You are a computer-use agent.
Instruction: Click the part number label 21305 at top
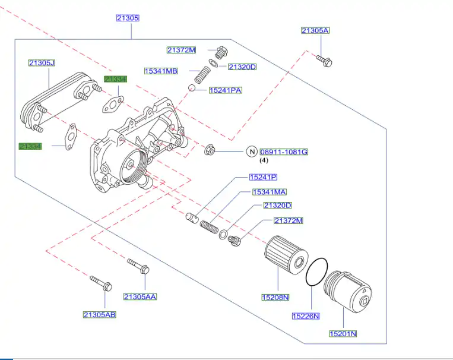pos(128,18)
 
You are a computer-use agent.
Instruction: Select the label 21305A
pos(315,30)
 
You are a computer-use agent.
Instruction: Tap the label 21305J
pos(42,63)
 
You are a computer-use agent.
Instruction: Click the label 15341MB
pos(161,71)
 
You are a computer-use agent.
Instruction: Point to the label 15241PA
pos(225,90)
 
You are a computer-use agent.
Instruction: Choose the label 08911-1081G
pos(284,151)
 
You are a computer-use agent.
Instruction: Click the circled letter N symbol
pos(251,151)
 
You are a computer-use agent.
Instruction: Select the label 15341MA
pos(269,192)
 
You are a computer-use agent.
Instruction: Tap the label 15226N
pos(306,316)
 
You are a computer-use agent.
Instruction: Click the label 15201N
pos(343,334)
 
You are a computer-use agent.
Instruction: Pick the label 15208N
pos(275,296)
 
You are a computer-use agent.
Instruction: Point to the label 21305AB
pos(99,314)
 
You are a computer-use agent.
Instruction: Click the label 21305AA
pos(140,296)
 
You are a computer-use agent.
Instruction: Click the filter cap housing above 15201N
pos(349,292)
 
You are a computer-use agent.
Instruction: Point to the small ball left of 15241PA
pos(192,89)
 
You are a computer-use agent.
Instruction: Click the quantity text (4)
pos(264,160)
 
